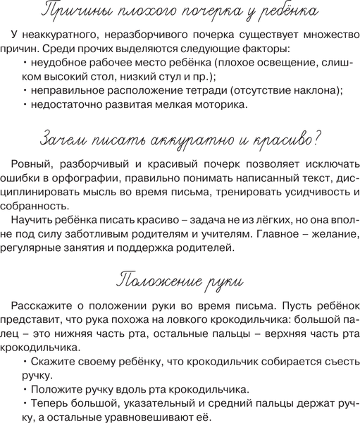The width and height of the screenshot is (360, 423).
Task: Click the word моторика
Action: tap(221, 117)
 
